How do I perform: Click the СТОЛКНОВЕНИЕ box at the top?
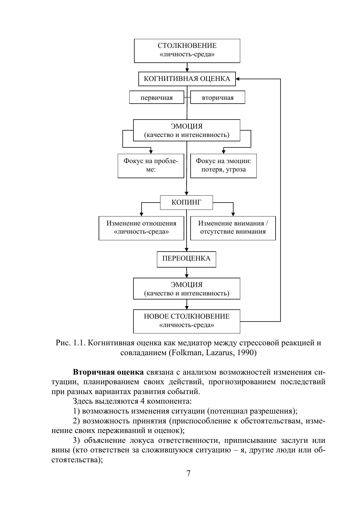coord(187,50)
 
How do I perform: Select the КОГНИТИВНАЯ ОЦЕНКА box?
coord(187,79)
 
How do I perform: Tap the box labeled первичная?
coord(157,98)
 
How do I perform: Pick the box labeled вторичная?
coord(218,98)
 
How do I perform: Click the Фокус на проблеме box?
coord(151,165)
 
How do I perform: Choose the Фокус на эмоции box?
coord(223,165)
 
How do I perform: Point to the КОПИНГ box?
coord(186,202)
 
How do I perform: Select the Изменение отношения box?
coord(141,228)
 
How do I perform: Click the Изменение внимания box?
coord(233,228)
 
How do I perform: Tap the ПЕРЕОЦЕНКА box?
coord(186,259)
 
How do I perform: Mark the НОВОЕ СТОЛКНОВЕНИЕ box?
coord(187,321)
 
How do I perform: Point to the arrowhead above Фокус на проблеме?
coord(151,152)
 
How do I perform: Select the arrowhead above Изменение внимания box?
coord(233,214)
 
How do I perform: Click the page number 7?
coord(188,474)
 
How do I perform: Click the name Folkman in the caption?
coord(183,353)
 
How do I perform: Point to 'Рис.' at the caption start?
coord(63,343)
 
